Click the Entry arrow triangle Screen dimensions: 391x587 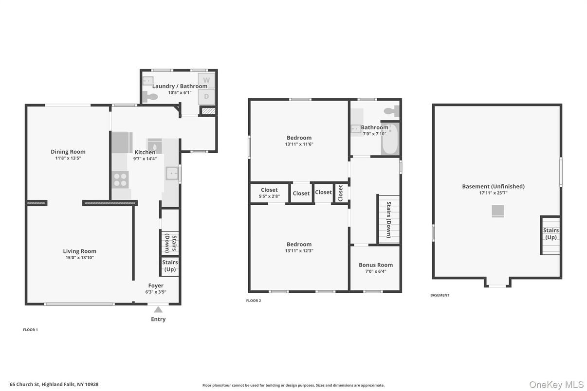click(x=158, y=309)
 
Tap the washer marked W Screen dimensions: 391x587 click(x=206, y=80)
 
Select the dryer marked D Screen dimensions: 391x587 click(x=206, y=96)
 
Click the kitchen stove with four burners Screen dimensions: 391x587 click(x=120, y=180)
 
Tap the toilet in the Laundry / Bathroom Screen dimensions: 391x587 click(x=151, y=97)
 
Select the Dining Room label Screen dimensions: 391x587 click(x=68, y=152)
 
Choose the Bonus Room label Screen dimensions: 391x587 click(x=375, y=265)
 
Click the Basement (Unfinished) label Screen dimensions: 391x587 click(x=493, y=186)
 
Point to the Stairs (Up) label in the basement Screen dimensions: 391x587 click(x=551, y=234)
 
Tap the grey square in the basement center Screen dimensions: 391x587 click(x=497, y=211)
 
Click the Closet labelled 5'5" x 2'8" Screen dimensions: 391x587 click(x=269, y=193)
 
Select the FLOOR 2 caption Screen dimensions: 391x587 click(x=254, y=301)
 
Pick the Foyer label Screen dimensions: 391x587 click(x=156, y=285)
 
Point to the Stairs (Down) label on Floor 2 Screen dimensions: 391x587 click(x=388, y=220)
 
